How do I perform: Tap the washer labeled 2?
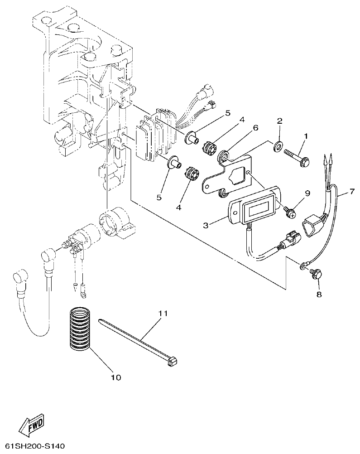pos(279,145)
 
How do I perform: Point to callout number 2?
pos(279,121)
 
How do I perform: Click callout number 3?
pos(206,225)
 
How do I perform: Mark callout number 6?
pos(255,128)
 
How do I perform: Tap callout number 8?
pos(318,294)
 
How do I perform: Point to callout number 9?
pos(307,193)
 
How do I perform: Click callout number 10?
pos(116,377)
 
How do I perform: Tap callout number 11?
pos(163,313)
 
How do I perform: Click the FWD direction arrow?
pos(32,425)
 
